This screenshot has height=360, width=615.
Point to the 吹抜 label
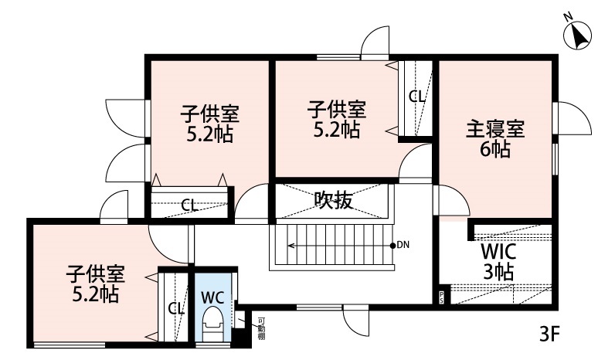click(x=334, y=200)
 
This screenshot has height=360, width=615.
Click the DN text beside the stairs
click(x=403, y=246)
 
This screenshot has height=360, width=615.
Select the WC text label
click(x=212, y=296)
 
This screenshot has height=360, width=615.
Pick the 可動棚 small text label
click(x=262, y=328)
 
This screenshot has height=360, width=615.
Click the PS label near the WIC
click(x=442, y=297)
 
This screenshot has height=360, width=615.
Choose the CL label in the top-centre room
click(x=416, y=97)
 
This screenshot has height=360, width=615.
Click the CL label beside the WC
click(x=175, y=308)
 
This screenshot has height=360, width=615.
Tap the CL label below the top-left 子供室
click(x=189, y=205)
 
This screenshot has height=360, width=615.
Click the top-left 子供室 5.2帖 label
click(x=209, y=124)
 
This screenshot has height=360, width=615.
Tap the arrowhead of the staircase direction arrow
click(x=291, y=246)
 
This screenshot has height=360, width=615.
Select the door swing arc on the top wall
click(x=379, y=42)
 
